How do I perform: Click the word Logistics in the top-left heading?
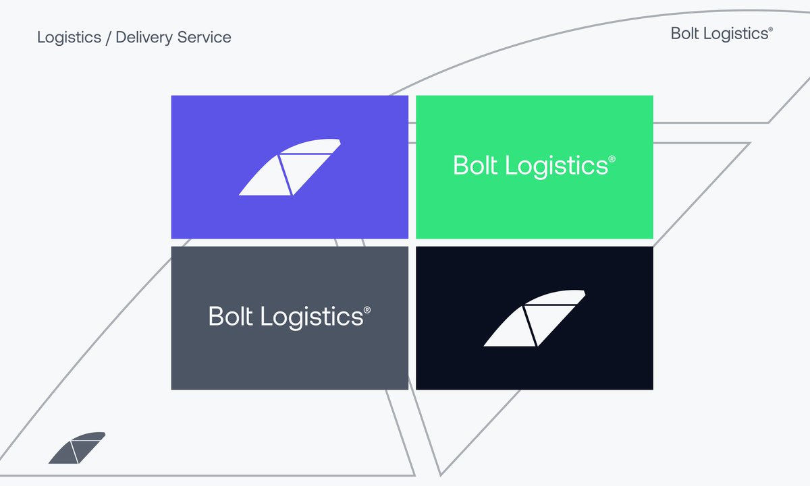click(x=68, y=37)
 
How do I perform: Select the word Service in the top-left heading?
click(x=203, y=37)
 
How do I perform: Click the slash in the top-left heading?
click(x=107, y=37)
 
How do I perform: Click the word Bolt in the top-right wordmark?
click(x=684, y=34)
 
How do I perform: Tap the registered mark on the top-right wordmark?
click(x=770, y=30)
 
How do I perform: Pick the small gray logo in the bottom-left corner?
click(x=76, y=448)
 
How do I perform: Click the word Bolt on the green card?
click(x=477, y=165)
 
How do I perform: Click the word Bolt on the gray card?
click(x=232, y=316)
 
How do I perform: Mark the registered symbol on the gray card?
click(x=367, y=310)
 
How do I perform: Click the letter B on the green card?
click(x=461, y=165)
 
